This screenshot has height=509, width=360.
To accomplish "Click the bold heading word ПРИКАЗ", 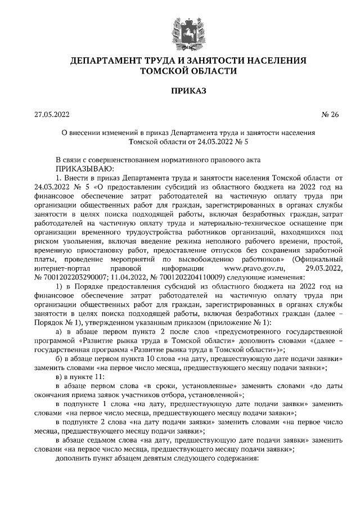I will [181, 90].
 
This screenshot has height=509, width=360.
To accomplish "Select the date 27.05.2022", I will [51, 115].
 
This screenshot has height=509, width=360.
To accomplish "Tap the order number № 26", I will [330, 115].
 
